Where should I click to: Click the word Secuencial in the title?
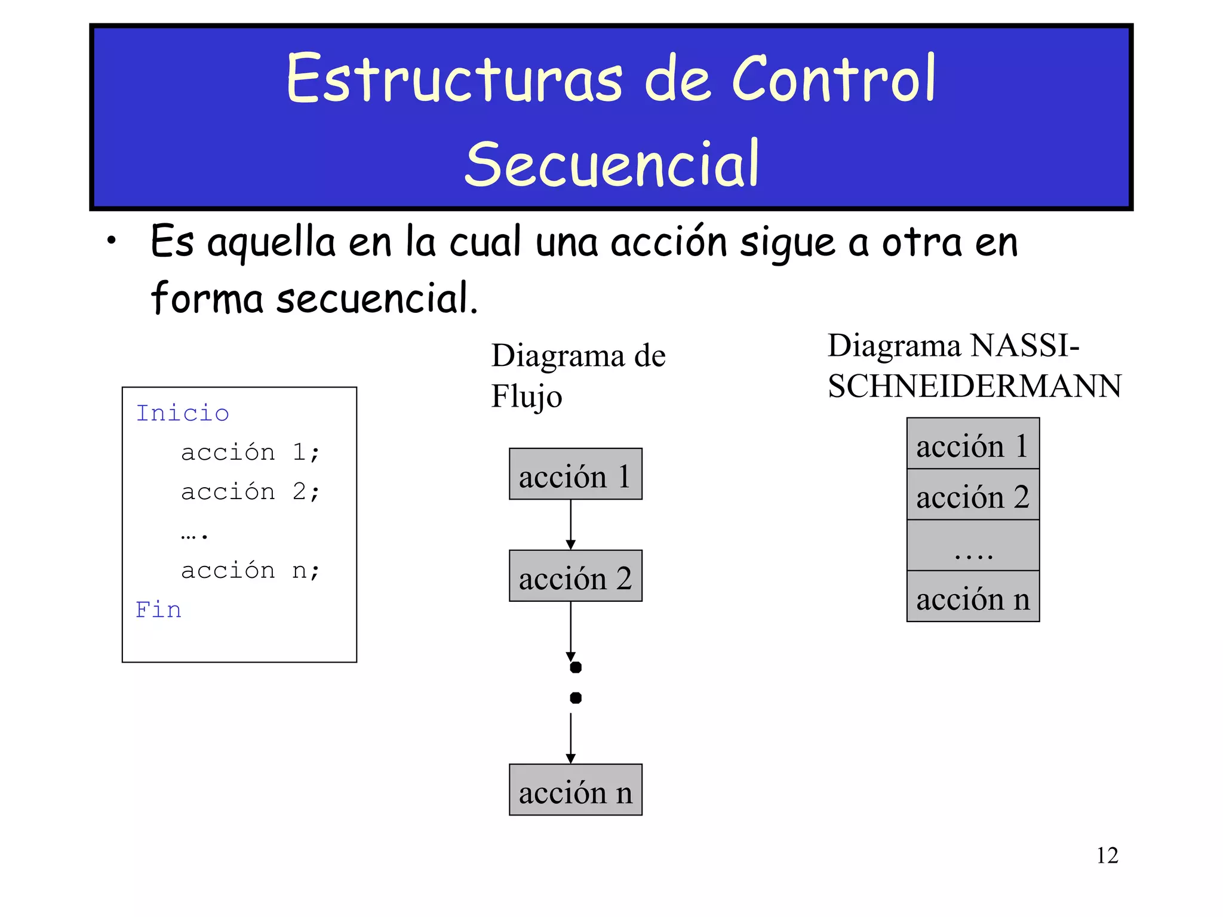[611, 163]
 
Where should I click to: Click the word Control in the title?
[833, 79]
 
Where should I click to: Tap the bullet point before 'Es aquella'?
[111, 241]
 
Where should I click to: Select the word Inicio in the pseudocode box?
[183, 413]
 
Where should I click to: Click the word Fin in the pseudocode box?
[158, 610]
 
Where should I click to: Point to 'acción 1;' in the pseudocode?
[250, 452]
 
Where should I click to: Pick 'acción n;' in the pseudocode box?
[250, 570]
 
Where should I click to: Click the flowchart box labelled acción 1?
[575, 474]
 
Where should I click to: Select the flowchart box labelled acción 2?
[575, 576]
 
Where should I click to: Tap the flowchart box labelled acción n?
[575, 790]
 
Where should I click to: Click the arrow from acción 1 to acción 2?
[571, 524]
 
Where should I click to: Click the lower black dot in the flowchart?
[576, 698]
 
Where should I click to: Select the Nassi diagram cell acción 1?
[973, 444]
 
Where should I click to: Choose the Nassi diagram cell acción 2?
[973, 494]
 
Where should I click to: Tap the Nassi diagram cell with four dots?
[973, 546]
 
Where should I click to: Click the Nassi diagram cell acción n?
[973, 596]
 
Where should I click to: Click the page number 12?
[1107, 855]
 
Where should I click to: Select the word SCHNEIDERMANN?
[975, 386]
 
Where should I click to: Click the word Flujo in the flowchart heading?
[526, 396]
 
